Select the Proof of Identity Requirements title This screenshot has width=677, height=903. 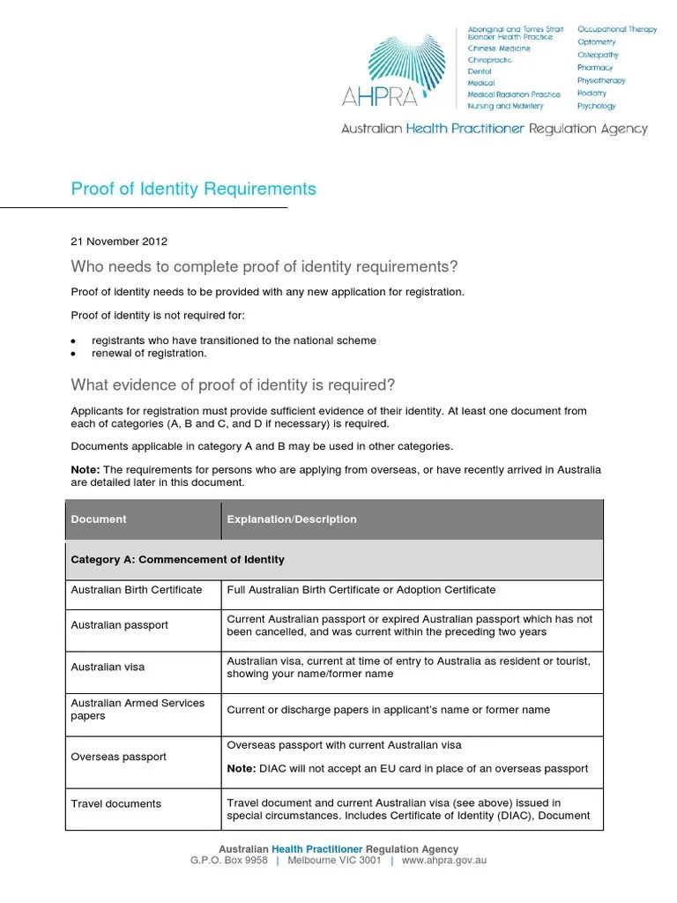click(193, 189)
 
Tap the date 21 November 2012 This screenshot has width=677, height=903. click(119, 241)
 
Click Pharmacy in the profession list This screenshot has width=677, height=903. click(595, 68)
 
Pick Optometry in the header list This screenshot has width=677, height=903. click(597, 42)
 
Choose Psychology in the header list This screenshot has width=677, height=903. click(597, 106)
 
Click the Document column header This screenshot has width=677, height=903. click(99, 519)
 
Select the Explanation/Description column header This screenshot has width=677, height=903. click(292, 519)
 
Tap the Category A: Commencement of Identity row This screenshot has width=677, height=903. click(178, 560)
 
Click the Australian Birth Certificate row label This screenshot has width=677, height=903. click(137, 590)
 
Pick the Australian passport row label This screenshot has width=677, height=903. click(119, 625)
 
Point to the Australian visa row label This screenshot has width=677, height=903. click(108, 667)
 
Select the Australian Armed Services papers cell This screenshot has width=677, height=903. click(138, 709)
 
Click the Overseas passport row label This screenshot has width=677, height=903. click(118, 757)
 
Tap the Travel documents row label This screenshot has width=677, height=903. click(115, 803)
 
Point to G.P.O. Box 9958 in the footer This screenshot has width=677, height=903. click(228, 861)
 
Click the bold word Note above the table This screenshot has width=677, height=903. click(85, 470)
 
